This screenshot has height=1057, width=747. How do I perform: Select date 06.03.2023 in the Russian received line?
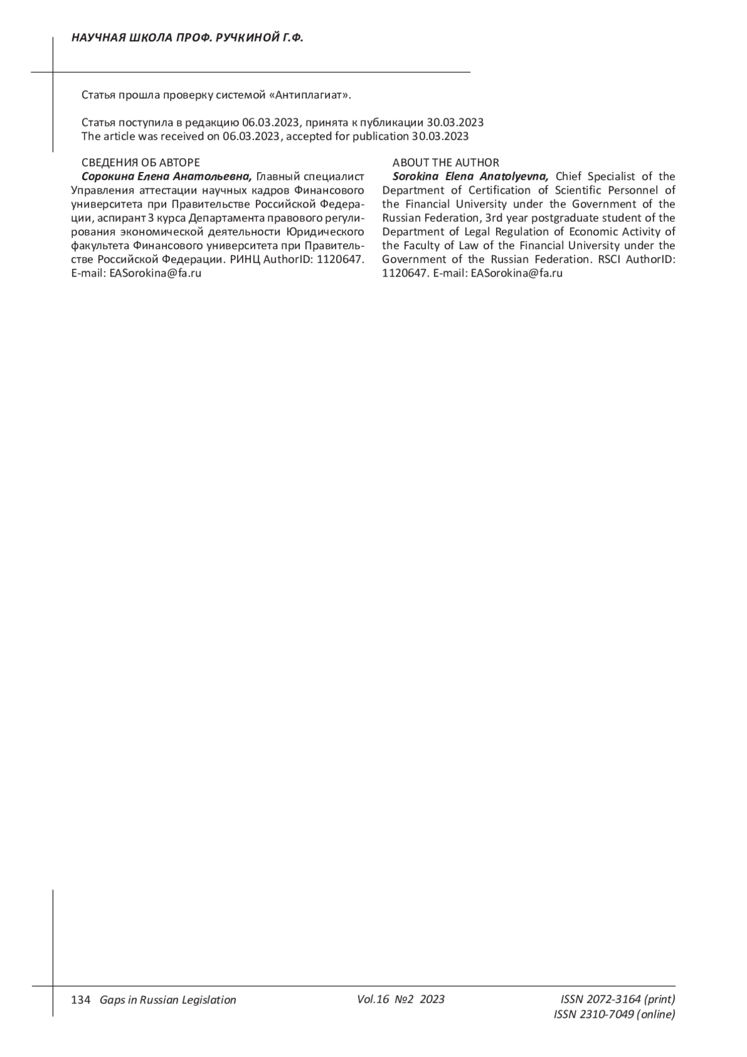click(x=271, y=123)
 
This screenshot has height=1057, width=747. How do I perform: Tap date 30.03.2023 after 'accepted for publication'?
click(x=440, y=136)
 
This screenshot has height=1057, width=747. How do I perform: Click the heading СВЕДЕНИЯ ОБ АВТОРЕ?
click(x=141, y=163)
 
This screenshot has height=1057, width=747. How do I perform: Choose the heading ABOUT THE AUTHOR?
click(x=446, y=163)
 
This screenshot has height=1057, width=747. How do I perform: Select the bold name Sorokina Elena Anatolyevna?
click(x=471, y=177)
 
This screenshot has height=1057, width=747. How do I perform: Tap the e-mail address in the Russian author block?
click(x=156, y=273)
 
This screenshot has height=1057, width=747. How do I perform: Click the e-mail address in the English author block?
click(x=517, y=273)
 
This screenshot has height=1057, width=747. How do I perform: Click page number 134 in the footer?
click(x=81, y=1000)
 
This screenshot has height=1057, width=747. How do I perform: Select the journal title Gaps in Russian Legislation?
click(x=168, y=1000)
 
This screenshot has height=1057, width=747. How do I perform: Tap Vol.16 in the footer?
click(x=373, y=999)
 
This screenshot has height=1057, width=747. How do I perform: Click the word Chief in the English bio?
click(x=569, y=177)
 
